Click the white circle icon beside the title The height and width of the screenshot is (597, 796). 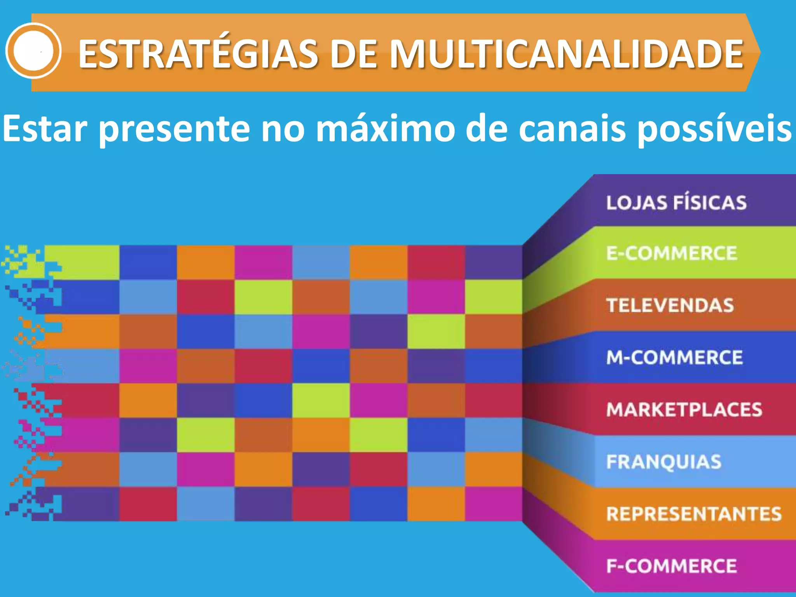pos(33,51)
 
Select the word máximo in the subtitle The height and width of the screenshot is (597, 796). pos(385,128)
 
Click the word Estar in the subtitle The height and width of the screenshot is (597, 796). pos(45,128)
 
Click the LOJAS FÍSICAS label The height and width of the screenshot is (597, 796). pos(676,203)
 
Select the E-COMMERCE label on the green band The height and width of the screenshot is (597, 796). pos(672,253)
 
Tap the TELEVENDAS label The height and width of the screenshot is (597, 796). pos(670,305)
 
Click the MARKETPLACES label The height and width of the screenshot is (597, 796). pos(684,410)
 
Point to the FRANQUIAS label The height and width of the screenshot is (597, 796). pos(664,462)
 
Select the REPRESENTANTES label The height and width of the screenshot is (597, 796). pos(694,514)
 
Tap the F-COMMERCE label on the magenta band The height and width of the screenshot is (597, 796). pos(672,566)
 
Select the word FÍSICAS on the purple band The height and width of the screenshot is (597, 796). pos(710,203)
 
